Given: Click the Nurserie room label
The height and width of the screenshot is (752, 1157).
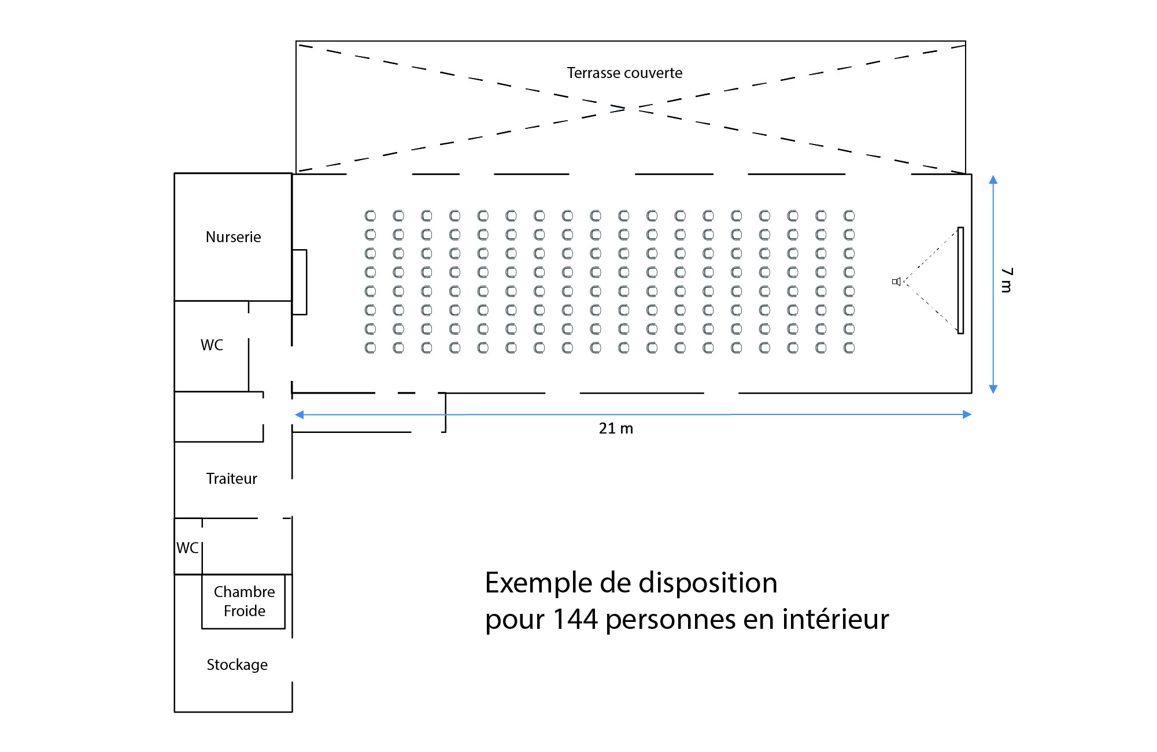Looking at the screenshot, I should [x=233, y=237].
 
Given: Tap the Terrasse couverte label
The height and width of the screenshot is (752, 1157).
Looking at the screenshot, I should [x=624, y=73].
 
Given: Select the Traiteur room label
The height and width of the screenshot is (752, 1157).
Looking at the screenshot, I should [x=231, y=479].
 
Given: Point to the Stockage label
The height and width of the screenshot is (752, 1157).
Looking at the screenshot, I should [x=237, y=665].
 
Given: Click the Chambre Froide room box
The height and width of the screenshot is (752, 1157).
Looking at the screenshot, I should [x=243, y=601].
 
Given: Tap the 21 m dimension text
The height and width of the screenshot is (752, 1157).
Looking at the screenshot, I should [x=616, y=428].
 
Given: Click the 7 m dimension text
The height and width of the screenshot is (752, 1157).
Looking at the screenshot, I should [x=1007, y=280].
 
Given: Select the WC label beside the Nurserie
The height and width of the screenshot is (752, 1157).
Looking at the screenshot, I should [x=212, y=345].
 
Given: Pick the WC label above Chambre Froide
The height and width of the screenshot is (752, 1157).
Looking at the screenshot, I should [x=187, y=548].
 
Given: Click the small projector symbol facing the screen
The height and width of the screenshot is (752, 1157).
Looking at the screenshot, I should [x=896, y=281].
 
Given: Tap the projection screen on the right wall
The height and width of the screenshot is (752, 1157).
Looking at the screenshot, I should [x=960, y=280].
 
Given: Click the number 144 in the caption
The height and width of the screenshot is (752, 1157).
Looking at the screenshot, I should [x=575, y=619].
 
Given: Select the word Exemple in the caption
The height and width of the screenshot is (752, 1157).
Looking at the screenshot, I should [x=539, y=583].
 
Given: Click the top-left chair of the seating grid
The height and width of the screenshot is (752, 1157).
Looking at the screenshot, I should [x=370, y=216].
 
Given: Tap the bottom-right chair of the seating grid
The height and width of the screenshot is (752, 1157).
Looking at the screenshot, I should [x=849, y=348].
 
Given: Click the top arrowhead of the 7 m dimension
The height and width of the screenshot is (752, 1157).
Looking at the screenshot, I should [x=993, y=180].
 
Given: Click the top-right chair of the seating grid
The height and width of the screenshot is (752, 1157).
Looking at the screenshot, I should [x=849, y=216].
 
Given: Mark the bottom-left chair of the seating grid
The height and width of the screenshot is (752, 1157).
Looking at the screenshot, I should [x=370, y=348].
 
